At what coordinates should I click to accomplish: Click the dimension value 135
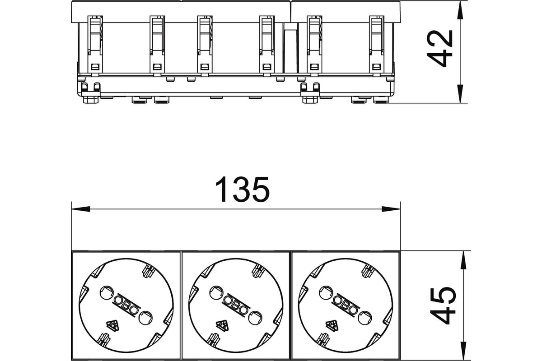pos(242,190)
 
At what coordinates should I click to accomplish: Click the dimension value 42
pos(439,48)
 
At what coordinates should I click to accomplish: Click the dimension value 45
pos(443,305)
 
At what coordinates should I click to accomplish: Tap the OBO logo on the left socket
pos(126,305)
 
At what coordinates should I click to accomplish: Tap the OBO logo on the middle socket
pos(236,305)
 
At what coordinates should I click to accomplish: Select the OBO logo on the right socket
pos(346,305)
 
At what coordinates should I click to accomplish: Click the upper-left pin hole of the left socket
pos(107,292)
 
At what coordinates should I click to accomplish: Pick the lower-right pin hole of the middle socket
pos(255,318)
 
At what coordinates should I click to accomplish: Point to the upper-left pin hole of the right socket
pos(326,292)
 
